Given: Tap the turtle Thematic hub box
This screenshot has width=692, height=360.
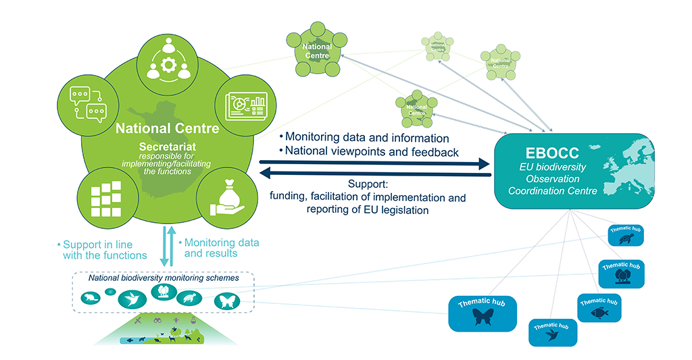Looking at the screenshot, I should click(x=625, y=236).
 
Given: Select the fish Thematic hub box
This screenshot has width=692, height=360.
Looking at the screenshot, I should click(x=599, y=308).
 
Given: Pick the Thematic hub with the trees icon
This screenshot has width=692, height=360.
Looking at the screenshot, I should click(x=620, y=273).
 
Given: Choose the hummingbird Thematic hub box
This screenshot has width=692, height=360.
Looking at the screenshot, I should click(x=553, y=332).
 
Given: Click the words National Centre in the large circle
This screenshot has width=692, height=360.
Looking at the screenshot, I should click(x=167, y=128).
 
